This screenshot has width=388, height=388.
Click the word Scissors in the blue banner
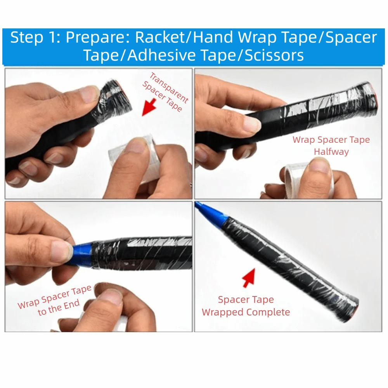click(x=274, y=55)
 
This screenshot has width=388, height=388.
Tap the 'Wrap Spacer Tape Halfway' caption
click(x=331, y=145)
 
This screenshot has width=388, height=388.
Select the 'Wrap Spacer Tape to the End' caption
click(x=54, y=301)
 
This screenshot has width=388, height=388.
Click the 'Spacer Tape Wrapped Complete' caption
click(x=246, y=306)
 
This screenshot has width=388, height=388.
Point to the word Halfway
click(x=331, y=152)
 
